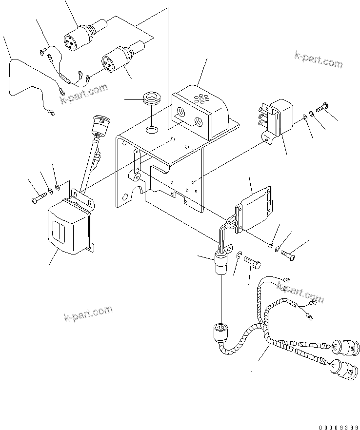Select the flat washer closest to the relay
(x=304, y=117)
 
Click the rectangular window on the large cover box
(x=57, y=229)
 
